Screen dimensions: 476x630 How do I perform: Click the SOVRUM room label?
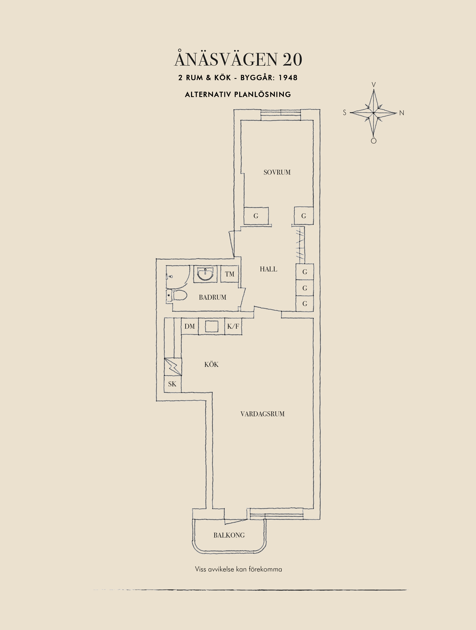277,172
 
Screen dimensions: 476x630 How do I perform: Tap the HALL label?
268,269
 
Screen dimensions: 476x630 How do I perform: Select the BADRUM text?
212,297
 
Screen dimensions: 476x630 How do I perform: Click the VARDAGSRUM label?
262,414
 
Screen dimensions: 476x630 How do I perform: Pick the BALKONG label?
229,535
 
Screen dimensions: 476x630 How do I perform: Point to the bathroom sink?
205,274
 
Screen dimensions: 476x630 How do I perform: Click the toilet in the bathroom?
177,295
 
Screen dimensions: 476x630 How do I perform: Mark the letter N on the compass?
402,113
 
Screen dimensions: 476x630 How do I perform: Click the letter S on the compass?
345,113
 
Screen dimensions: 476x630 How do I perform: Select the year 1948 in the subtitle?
288,78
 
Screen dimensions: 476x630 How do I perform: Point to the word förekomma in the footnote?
265,569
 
